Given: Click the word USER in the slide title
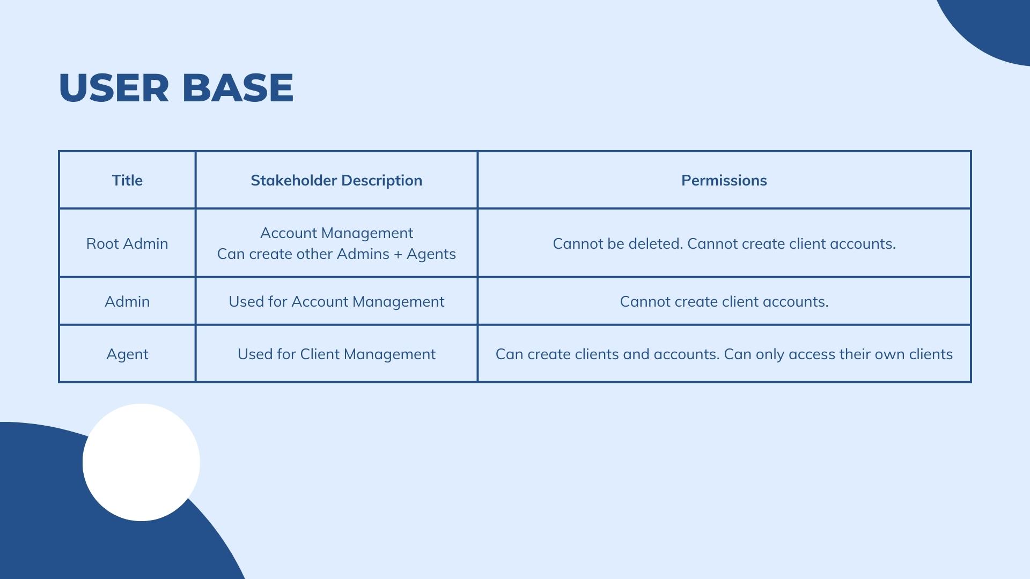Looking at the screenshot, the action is [x=114, y=87].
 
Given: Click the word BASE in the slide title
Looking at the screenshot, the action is [x=238, y=87].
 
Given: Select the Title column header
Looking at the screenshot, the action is [x=127, y=180].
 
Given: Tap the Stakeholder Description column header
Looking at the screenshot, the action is [x=336, y=180].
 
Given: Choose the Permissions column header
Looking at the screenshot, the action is [x=724, y=180].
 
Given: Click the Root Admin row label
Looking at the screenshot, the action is [x=127, y=243].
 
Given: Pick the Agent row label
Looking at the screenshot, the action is [x=127, y=354].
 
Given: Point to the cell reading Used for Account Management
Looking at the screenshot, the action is [x=336, y=302].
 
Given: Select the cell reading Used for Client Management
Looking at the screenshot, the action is [x=336, y=354].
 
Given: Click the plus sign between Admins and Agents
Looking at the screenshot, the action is [x=398, y=254].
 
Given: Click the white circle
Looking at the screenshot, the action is [x=141, y=462].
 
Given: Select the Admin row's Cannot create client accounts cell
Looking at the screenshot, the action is [x=724, y=302].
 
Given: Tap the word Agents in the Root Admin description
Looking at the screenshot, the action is [x=431, y=254].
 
